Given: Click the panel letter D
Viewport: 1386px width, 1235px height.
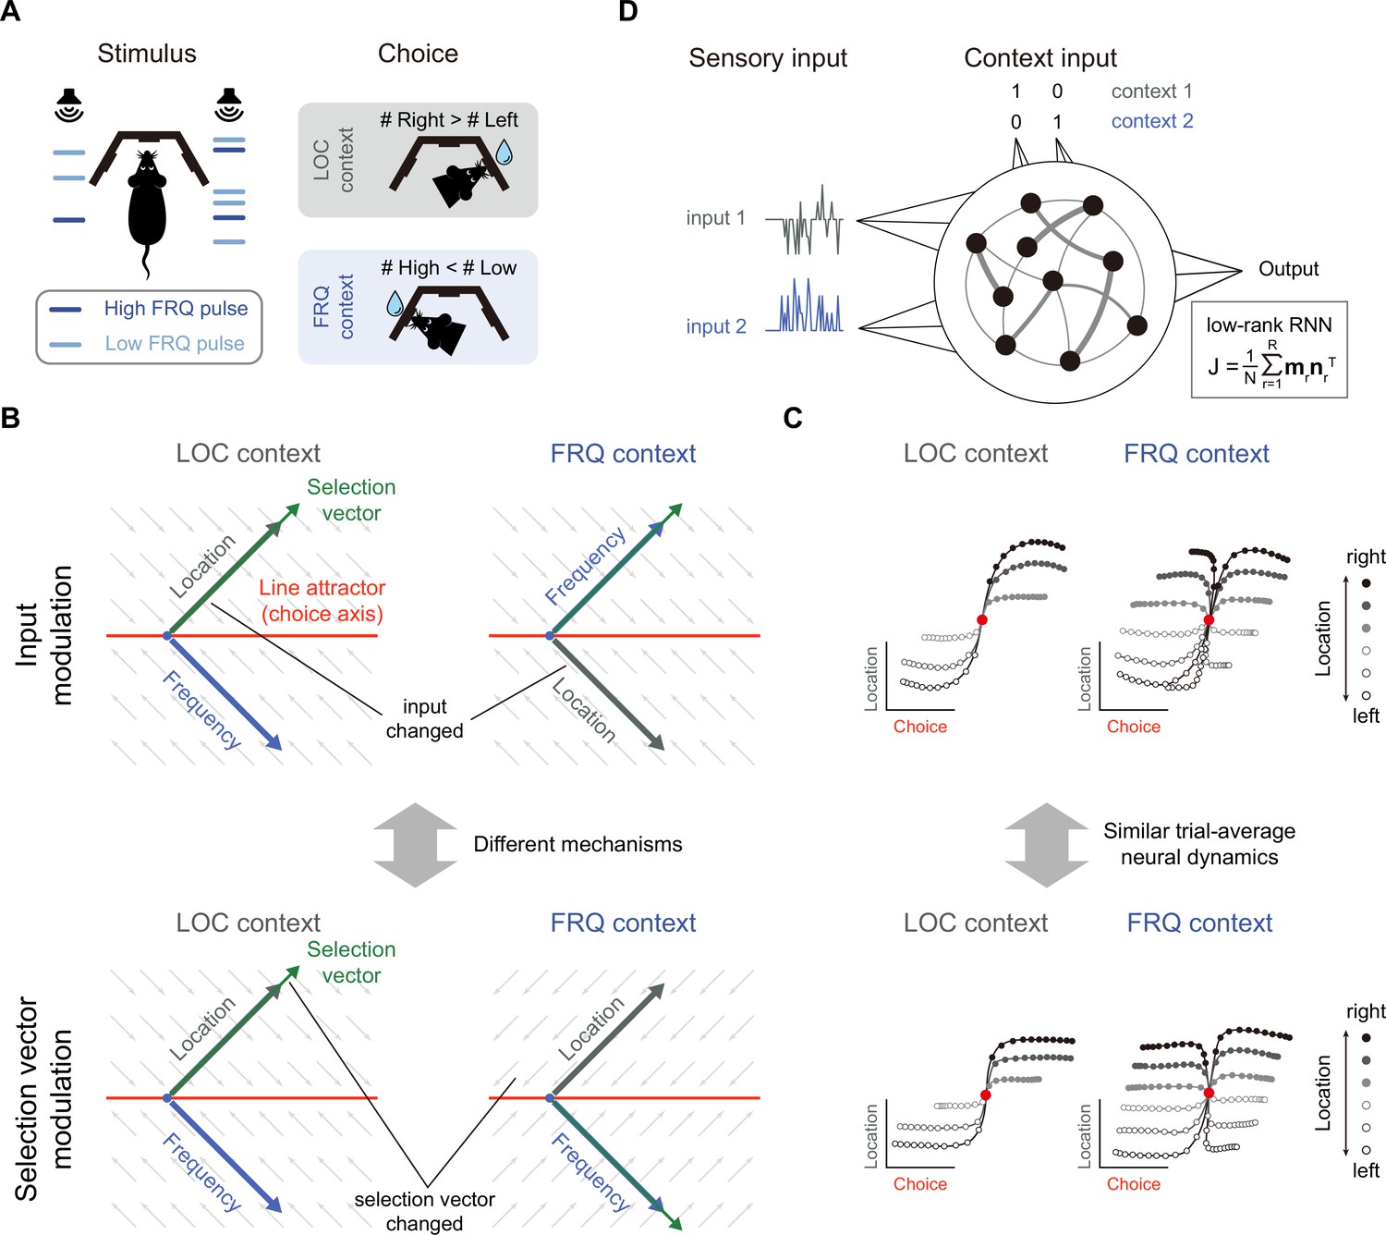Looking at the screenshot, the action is (x=627, y=12).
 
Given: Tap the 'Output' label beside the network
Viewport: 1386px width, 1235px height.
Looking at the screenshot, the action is (x=1288, y=269).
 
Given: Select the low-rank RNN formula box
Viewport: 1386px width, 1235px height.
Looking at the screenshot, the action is (x=1269, y=349).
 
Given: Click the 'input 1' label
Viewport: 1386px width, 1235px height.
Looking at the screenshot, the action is (x=715, y=218).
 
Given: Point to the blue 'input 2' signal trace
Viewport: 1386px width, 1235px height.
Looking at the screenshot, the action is (x=804, y=306).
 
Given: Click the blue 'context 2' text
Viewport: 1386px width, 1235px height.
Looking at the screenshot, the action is (x=1152, y=121).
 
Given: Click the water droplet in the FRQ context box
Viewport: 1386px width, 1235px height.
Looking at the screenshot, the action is (x=395, y=303).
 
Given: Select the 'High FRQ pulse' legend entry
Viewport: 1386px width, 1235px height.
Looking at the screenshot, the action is (x=149, y=309).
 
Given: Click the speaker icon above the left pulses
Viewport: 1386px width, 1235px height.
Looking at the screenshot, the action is (x=69, y=104).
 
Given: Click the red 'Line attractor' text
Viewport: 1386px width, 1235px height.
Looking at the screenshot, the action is (x=322, y=587).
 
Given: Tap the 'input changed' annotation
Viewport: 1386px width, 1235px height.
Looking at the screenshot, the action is (x=424, y=718).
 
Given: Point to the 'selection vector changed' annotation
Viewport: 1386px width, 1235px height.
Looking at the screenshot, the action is (x=424, y=1211).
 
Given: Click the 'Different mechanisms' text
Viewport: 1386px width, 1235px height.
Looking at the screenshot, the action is (x=577, y=844).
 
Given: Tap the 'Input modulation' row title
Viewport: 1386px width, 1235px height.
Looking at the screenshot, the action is (x=44, y=635).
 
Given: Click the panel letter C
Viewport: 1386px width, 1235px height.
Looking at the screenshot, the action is (x=792, y=418).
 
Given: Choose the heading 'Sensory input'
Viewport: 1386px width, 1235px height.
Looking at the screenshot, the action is (x=768, y=58).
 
